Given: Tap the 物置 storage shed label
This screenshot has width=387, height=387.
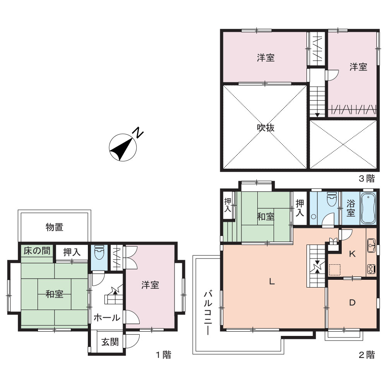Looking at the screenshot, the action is [55, 227].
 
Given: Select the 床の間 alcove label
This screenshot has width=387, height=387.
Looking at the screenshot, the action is [37, 251].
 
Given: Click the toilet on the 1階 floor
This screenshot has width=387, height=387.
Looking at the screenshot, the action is [99, 252].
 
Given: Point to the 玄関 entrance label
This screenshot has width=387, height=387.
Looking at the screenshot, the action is [110, 342].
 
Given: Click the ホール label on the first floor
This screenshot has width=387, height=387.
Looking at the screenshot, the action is [107, 317].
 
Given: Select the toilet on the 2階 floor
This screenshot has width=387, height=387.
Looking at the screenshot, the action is [332, 199].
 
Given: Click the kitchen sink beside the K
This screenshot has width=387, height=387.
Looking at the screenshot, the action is [371, 245].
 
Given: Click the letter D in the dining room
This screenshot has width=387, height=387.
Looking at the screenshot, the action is [352, 303].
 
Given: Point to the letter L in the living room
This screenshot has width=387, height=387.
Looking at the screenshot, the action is [272, 281].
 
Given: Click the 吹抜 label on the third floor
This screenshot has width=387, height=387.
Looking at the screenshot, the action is [265, 128].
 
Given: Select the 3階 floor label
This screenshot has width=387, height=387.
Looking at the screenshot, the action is [366, 178].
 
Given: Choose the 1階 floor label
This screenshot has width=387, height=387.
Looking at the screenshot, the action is [163, 355].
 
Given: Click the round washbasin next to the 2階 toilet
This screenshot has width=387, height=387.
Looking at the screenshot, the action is [314, 217].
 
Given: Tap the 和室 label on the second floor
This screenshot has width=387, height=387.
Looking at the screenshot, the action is [265, 217].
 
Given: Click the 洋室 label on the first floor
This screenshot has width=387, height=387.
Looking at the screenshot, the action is [150, 285].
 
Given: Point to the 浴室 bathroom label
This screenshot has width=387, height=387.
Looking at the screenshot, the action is [351, 208].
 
